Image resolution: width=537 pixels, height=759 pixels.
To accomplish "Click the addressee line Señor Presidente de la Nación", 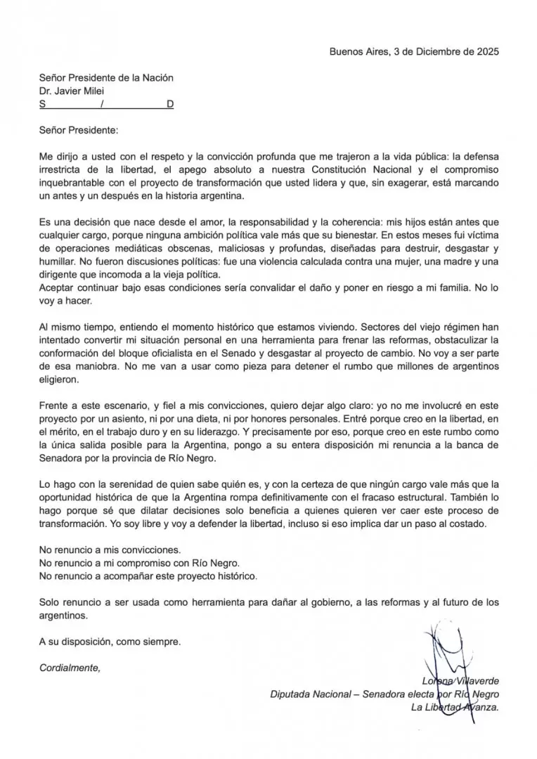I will point(106,78).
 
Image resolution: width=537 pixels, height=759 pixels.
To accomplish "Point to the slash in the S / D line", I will point(103,104).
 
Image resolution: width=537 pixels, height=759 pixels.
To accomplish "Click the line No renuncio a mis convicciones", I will point(110,550).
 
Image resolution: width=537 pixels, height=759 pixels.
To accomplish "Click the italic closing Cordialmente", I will point(70,668).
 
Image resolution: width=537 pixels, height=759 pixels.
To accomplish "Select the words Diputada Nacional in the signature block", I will point(310,694).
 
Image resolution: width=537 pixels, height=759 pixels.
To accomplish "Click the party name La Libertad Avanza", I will point(455,708).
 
